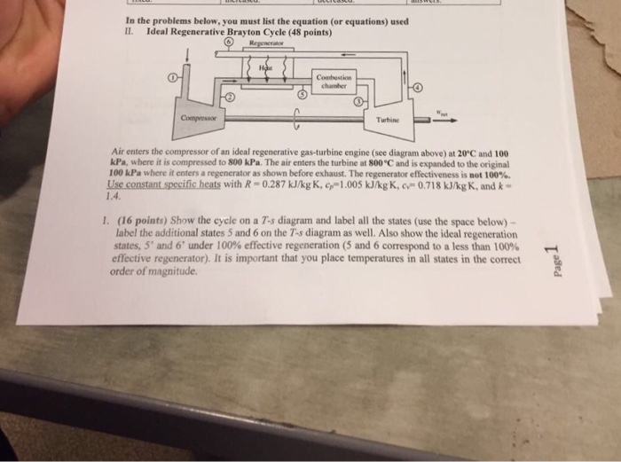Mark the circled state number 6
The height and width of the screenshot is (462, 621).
(x=228, y=41)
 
